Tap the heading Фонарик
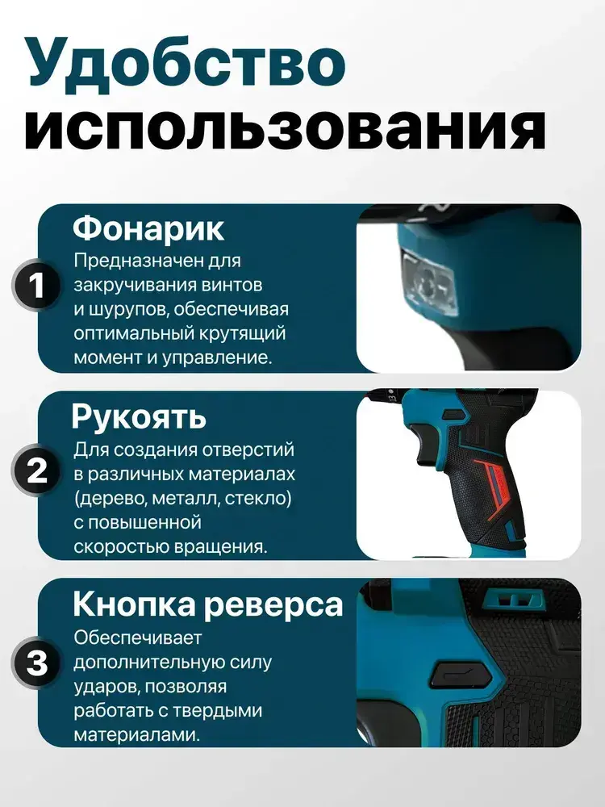coord(148,229)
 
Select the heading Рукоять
coord(139,417)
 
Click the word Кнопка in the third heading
coord(134,604)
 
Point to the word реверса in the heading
coord(273,605)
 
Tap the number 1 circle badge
coord(37,285)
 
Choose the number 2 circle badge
coord(37,470)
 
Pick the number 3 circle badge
coord(37,662)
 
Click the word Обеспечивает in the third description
coord(137,638)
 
